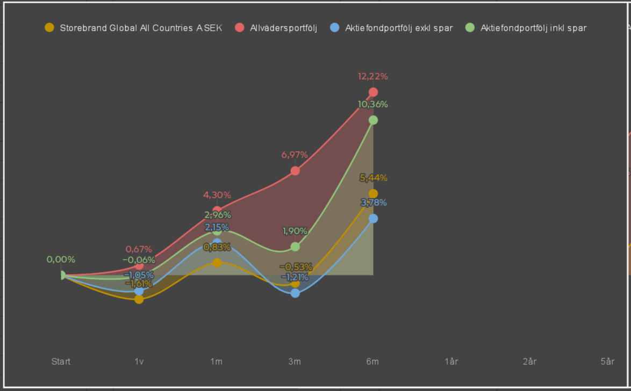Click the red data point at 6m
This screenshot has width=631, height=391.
click(373, 92)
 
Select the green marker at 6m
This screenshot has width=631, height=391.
click(373, 120)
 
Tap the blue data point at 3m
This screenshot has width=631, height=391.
click(295, 293)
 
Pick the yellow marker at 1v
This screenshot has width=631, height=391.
click(139, 299)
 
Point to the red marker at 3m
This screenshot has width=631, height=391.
click(295, 171)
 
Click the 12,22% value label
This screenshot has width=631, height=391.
click(373, 76)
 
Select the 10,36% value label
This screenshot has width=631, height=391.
click(373, 105)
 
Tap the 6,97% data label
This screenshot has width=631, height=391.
click(295, 155)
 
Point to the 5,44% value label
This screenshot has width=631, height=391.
click(374, 178)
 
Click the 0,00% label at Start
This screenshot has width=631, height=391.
click(61, 259)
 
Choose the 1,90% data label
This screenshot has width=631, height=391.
click(295, 231)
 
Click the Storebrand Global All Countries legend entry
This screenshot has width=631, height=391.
click(133, 28)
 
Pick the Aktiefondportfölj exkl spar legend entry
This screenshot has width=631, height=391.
click(391, 28)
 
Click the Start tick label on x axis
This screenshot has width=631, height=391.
click(61, 361)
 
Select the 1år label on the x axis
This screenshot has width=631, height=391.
click(451, 361)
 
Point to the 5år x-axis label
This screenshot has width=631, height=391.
click(608, 361)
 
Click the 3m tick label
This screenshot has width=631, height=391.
click(295, 361)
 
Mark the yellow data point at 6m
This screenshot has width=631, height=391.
click(373, 193)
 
